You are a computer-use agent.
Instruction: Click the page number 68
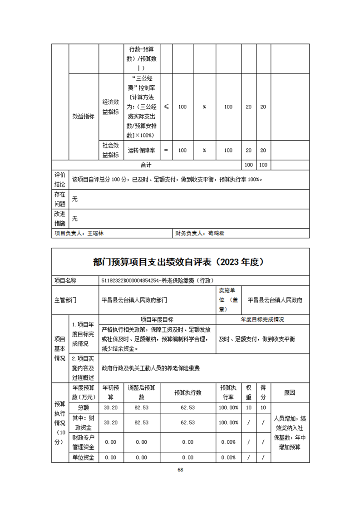(x=180, y=470)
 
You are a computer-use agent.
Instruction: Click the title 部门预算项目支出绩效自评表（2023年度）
(x=180, y=262)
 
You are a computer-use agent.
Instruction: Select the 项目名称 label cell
(x=65, y=281)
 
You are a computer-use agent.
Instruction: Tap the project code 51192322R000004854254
(x=131, y=281)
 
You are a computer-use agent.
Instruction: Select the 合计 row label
(x=146, y=164)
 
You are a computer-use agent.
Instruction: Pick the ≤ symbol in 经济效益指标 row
(x=166, y=107)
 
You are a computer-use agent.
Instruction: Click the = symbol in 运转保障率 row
(x=166, y=150)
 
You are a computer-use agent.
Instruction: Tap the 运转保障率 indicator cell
(x=142, y=150)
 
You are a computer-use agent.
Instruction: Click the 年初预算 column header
(x=111, y=392)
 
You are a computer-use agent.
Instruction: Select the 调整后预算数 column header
(x=142, y=392)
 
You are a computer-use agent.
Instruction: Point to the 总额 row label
(x=84, y=407)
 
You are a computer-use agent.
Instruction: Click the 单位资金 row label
(x=84, y=457)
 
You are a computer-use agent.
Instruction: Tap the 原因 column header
(x=290, y=392)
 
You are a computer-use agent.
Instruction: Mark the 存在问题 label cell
(x=60, y=199)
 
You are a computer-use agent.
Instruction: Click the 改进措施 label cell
(x=60, y=219)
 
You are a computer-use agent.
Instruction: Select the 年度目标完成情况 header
(x=262, y=319)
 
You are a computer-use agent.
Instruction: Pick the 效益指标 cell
(x=84, y=116)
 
